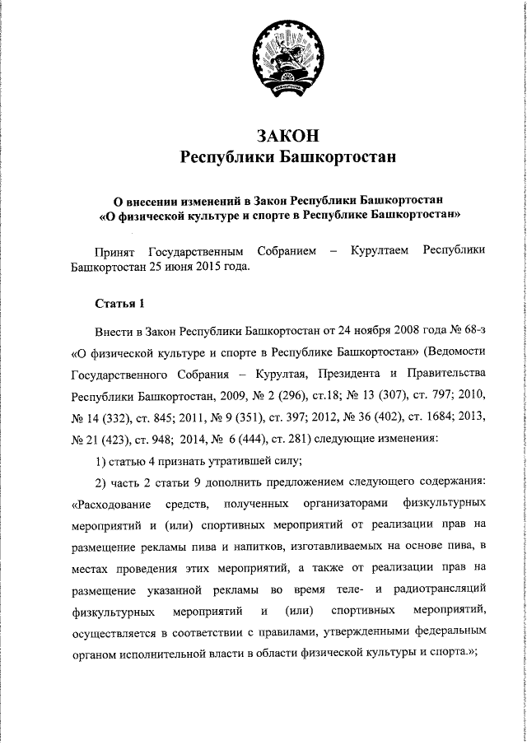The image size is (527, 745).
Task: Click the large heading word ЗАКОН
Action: click(x=287, y=134)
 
